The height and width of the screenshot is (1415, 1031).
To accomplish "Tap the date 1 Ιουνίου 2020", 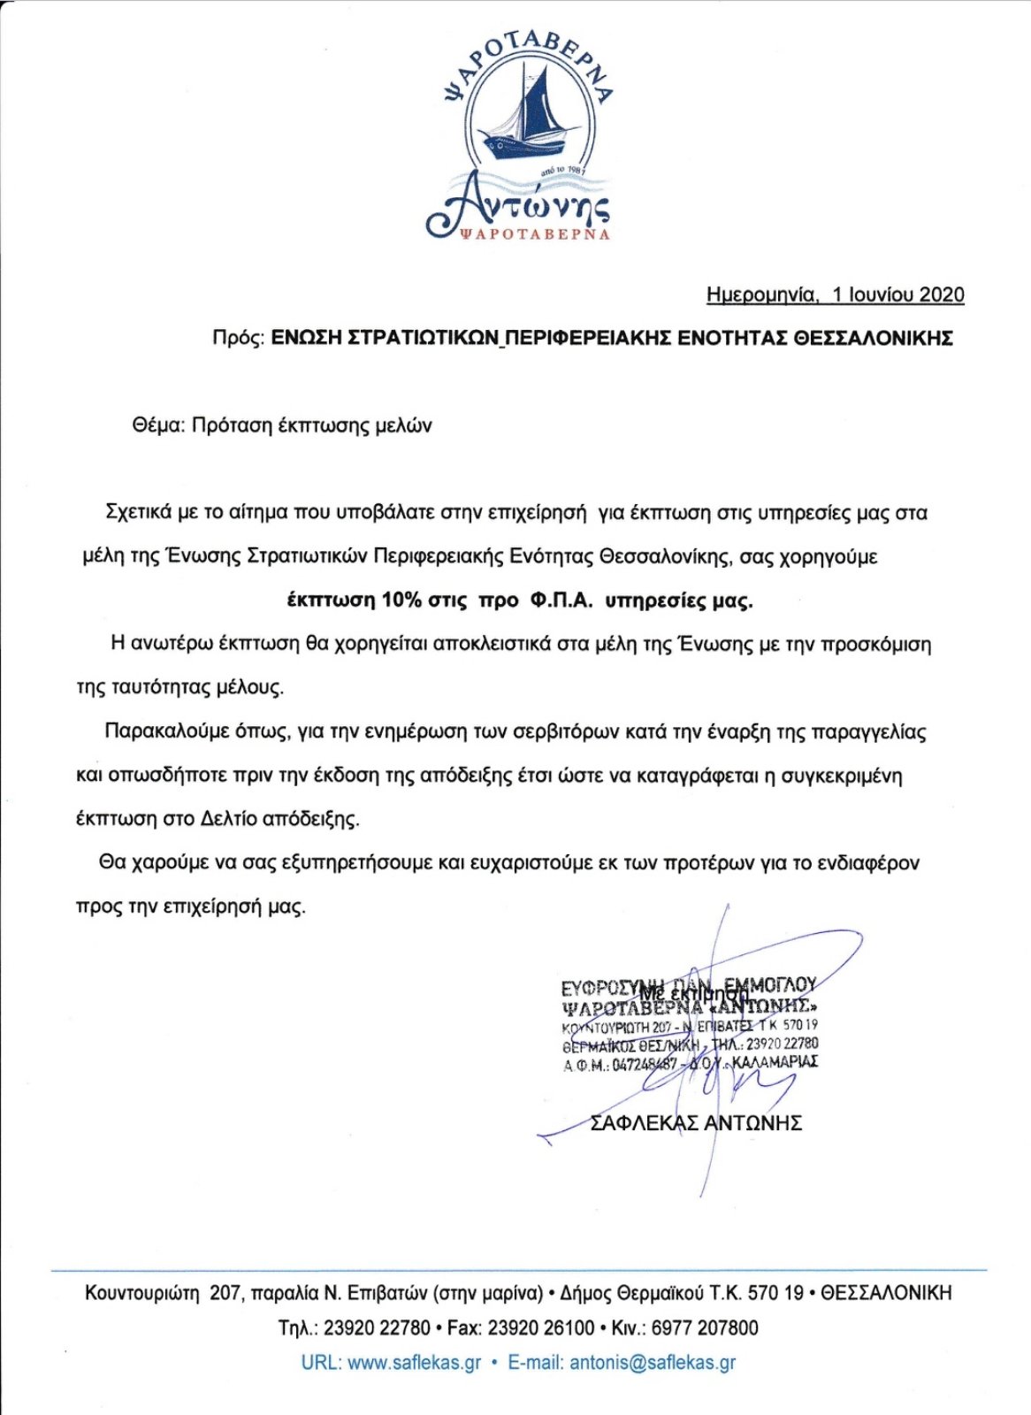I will tap(897, 295).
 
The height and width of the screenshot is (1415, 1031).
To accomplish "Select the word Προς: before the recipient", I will tap(238, 338).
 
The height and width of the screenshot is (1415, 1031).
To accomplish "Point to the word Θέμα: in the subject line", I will tap(158, 425).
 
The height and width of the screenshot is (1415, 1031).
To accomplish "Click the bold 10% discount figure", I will tap(402, 600).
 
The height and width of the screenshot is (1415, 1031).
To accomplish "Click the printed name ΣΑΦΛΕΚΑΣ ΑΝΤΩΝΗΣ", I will tap(696, 1123).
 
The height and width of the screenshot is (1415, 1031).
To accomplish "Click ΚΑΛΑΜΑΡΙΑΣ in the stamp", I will tap(775, 1061).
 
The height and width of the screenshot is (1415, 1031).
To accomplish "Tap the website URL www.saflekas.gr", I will tap(415, 1363).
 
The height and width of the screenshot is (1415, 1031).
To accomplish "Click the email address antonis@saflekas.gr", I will tap(653, 1363).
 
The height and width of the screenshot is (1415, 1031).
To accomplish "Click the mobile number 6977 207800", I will tap(705, 1328).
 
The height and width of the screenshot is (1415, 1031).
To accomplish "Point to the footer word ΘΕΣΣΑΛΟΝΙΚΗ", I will tap(886, 1294).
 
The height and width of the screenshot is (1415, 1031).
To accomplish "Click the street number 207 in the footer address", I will tap(225, 1294).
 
